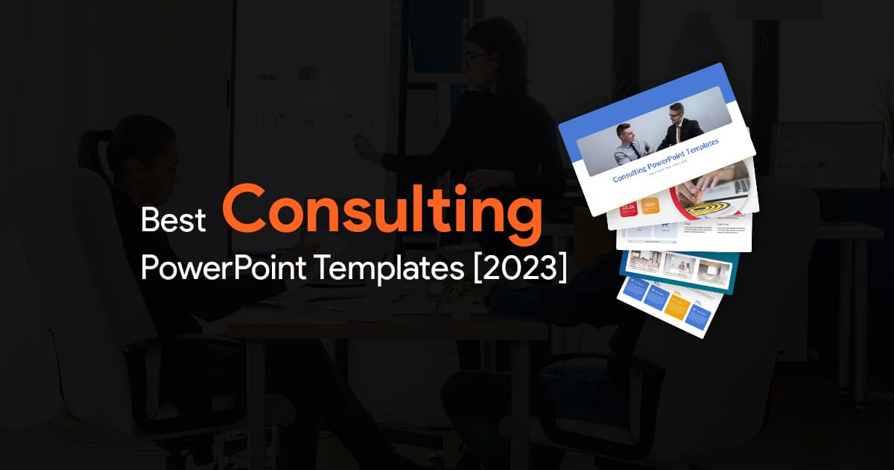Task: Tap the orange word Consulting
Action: pyautogui.click(x=381, y=211)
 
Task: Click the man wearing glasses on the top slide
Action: pyautogui.click(x=678, y=123)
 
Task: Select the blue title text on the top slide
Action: pyautogui.click(x=666, y=167)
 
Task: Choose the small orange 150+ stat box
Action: pyautogui.click(x=650, y=205)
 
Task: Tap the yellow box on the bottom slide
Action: pyautogui.click(x=676, y=306)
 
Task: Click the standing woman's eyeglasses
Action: pyautogui.click(x=477, y=57)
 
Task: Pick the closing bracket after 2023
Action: pyautogui.click(x=561, y=266)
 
